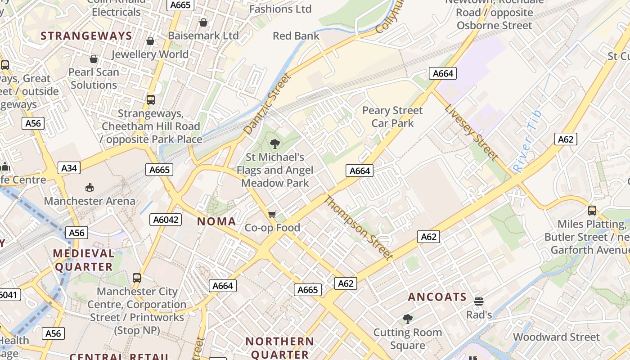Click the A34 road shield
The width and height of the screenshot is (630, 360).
69,168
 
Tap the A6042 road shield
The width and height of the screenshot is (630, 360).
166,220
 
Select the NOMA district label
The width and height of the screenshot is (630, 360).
216,221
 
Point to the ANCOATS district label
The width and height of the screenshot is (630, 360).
437,297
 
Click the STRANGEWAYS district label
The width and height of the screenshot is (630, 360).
86,36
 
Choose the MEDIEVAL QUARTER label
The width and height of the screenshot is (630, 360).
84,260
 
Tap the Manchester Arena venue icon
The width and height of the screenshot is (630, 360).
90,187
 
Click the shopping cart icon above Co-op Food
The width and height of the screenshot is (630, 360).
272,214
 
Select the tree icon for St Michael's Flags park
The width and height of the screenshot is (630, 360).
274,144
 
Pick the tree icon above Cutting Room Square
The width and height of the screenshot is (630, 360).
408,319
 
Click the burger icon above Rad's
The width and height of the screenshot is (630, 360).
479,301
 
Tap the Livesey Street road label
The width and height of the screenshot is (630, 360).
471,132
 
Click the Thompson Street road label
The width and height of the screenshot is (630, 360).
359,228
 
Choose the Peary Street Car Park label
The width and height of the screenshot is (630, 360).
392,117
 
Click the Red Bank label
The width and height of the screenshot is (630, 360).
296,36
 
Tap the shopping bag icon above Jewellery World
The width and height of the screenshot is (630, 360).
150,41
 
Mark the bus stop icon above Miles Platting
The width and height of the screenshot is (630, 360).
592,210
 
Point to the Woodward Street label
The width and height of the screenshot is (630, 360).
556,337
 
